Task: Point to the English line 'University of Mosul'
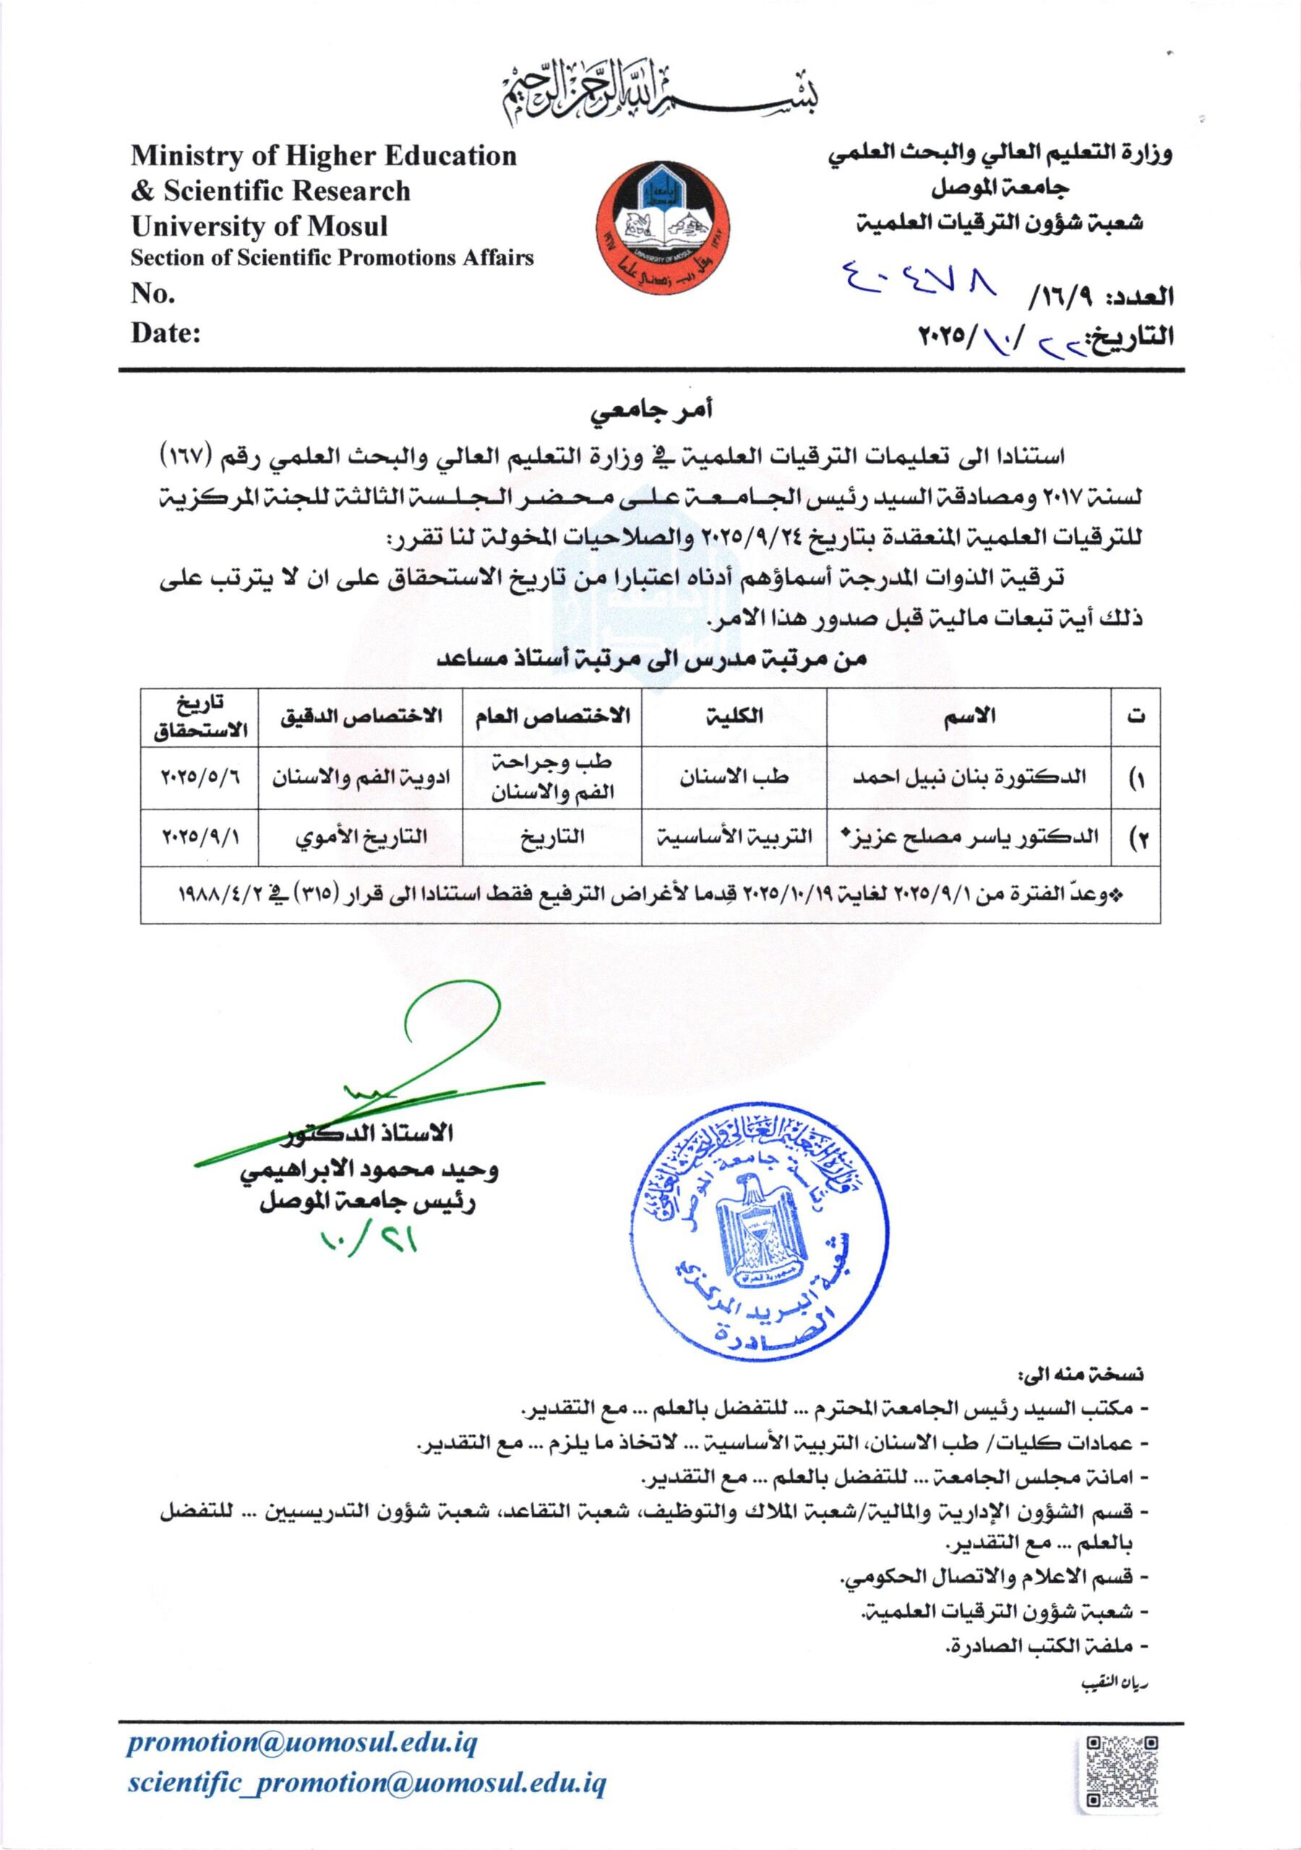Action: (259, 226)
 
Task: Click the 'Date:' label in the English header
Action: (166, 332)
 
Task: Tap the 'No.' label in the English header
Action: (153, 294)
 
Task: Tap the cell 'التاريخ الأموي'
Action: (359, 837)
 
